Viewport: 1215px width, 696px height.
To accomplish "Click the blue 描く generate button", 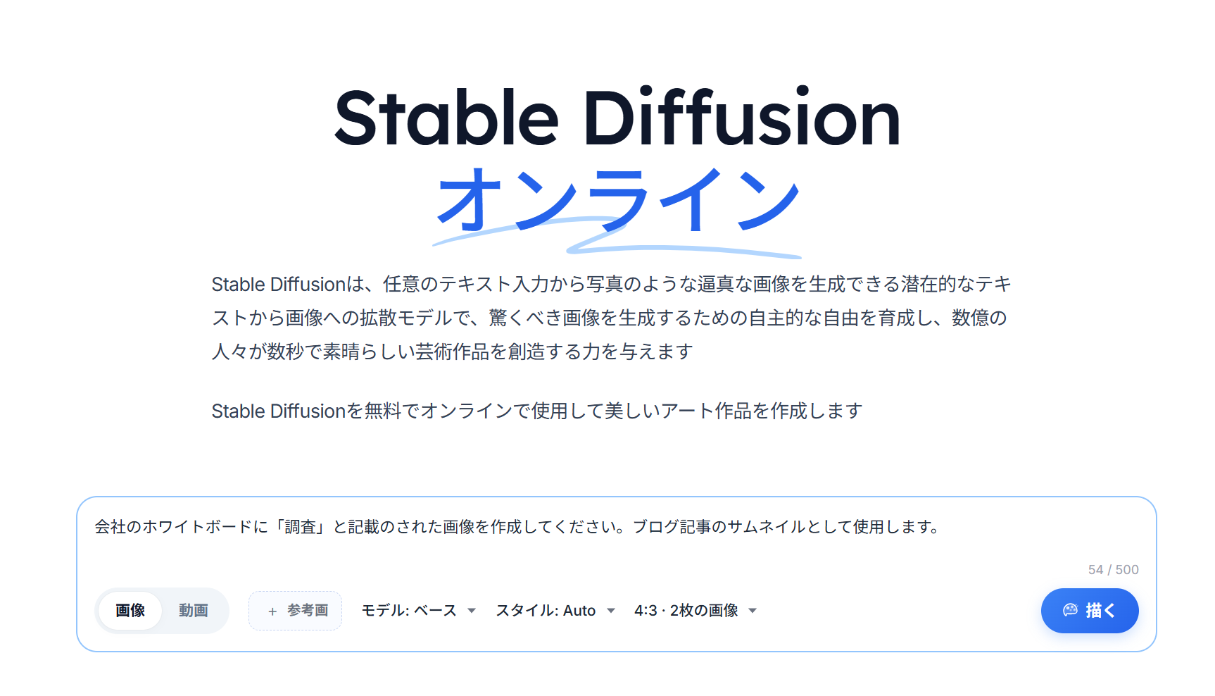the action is click(1089, 610).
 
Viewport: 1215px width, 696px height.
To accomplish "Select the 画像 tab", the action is click(130, 610).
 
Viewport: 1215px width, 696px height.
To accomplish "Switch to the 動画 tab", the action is click(193, 610).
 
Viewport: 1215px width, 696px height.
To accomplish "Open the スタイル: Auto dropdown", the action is click(555, 610).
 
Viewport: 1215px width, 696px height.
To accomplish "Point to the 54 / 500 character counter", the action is click(1113, 569).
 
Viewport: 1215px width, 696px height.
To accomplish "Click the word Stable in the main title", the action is click(446, 118).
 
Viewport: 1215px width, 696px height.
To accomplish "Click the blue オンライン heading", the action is click(617, 200).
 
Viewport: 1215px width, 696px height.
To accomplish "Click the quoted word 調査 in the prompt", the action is click(300, 527).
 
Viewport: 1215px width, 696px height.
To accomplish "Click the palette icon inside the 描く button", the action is click(1070, 610).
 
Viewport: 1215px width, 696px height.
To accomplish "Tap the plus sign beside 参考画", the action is click(272, 611).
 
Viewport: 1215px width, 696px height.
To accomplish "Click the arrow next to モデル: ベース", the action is click(472, 611).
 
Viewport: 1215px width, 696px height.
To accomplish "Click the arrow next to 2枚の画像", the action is click(753, 611).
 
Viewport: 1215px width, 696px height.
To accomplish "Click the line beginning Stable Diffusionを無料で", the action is click(537, 411).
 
